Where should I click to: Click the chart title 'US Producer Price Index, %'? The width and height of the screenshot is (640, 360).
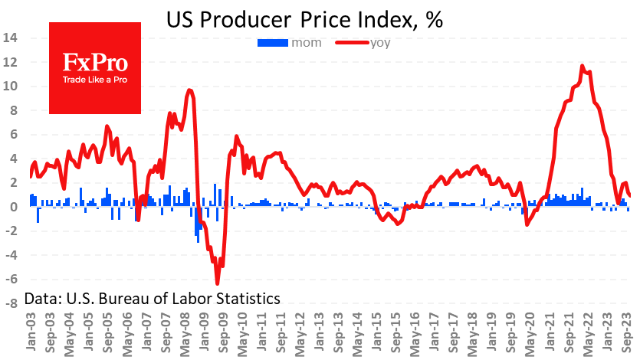(304, 21)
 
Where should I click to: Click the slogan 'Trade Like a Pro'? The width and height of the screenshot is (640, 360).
(95, 80)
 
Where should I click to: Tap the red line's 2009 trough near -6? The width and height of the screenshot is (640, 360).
(217, 283)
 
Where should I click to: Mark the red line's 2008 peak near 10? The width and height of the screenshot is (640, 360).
(189, 90)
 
